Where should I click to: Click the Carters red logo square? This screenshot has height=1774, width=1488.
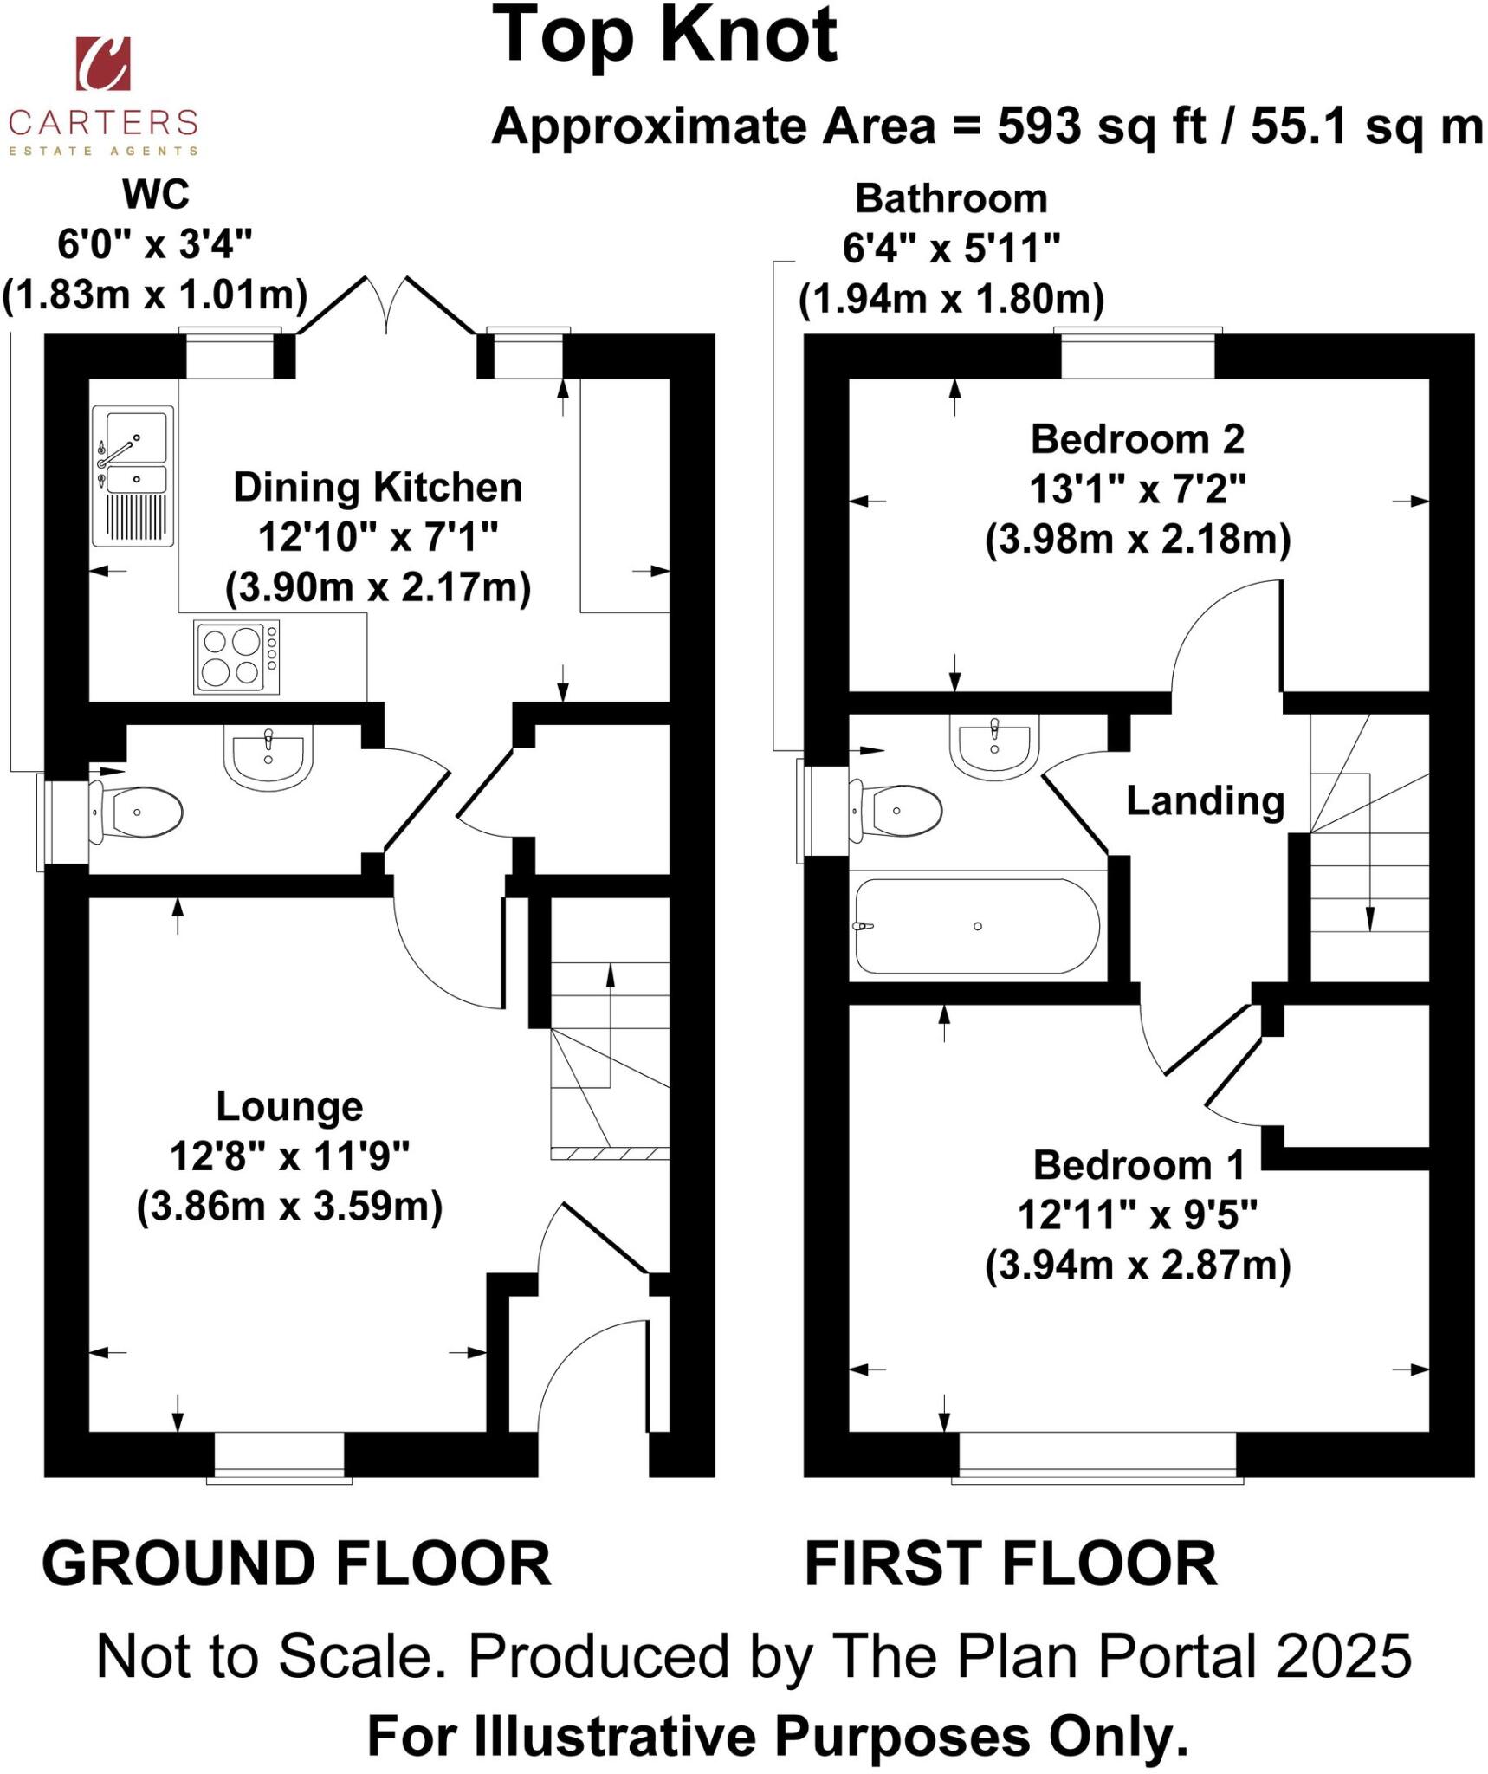103,63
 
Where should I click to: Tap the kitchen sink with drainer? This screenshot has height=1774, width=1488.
133,476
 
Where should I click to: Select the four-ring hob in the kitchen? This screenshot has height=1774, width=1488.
236,657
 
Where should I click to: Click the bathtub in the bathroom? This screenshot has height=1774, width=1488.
977,926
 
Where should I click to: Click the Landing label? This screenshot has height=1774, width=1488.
1205,800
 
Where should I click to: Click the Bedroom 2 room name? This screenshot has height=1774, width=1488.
1137,439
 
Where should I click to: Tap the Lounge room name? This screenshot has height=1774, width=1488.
289,1106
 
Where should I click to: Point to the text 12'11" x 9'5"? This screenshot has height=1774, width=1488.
1137,1215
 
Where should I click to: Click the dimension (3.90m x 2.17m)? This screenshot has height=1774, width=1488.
378,588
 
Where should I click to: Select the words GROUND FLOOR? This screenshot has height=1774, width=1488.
296,1564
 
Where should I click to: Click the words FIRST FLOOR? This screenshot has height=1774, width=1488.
1011,1564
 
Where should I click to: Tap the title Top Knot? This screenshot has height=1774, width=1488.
664,36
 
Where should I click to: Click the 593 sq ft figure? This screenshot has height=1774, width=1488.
1100,126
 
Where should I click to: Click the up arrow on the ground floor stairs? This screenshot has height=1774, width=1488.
611,974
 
